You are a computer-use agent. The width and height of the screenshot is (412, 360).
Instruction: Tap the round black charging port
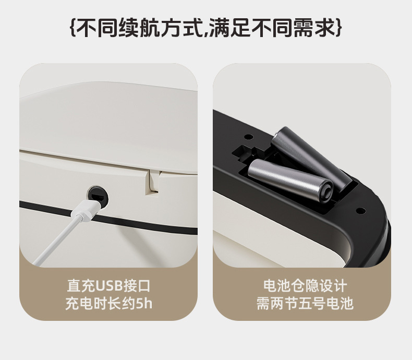coord(98,196)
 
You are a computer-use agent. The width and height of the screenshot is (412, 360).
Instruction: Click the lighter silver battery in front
coord(290,181)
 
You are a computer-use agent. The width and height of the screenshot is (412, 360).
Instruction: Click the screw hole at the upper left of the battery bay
coord(249,137)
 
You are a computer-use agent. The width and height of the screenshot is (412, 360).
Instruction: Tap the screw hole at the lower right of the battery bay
coord(361,210)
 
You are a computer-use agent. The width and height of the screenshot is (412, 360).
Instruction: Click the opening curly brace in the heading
coord(74,27)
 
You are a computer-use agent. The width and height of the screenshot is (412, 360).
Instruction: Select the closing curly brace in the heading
coord(339,27)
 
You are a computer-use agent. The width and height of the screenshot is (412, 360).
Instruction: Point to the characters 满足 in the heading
coord(230,27)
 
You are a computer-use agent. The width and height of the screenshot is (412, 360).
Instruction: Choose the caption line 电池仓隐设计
coord(305,286)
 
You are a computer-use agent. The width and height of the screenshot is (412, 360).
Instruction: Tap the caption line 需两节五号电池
coord(305,304)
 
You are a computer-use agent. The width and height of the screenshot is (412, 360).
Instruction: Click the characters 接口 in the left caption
coord(137,286)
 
